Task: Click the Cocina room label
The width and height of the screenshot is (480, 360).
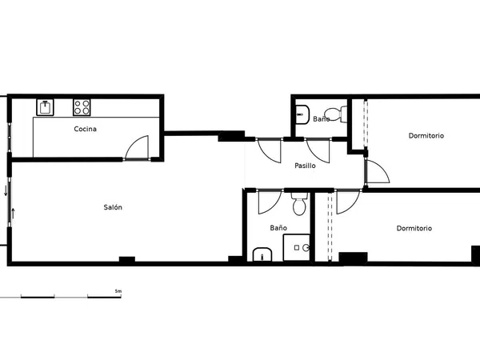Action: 85,129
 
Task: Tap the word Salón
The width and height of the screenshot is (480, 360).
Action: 113,207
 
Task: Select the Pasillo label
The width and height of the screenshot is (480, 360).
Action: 305,166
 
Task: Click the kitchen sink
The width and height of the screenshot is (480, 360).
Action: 45,107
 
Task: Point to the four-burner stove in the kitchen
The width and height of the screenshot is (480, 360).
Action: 82,107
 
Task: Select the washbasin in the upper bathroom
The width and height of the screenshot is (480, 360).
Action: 302,114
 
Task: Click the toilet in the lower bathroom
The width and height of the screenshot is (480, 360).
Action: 299,204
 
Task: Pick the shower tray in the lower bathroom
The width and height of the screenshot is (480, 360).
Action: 296,248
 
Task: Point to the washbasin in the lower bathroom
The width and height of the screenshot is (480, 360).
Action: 262,254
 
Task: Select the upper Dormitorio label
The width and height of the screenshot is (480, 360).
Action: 426,136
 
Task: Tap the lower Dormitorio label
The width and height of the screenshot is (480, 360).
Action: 414,228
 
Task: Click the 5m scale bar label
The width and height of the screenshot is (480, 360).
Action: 118,291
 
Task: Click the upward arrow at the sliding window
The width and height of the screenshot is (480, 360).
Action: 13,213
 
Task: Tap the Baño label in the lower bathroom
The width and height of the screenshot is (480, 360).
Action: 278,228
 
